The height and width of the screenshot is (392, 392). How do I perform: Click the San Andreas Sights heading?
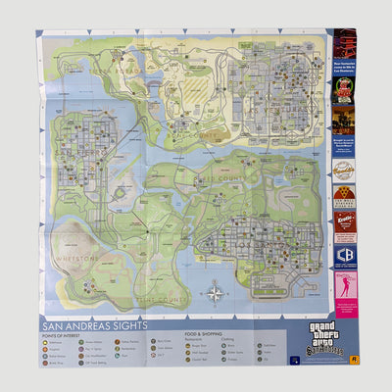[x=93, y=325]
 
